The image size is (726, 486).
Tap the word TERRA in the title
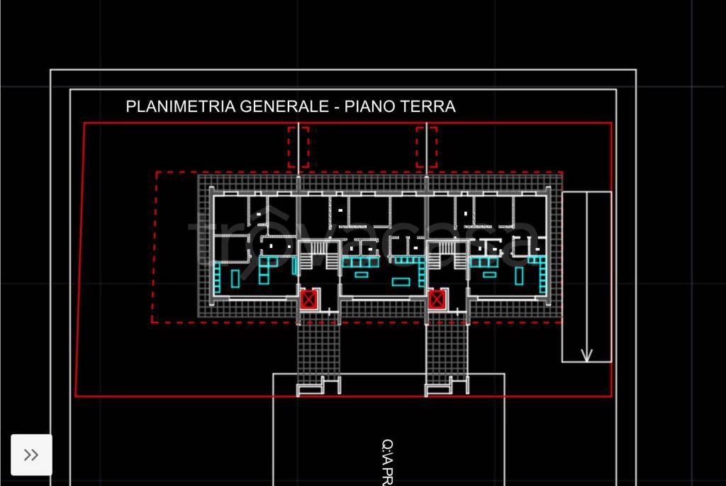pyautogui.click(x=428, y=107)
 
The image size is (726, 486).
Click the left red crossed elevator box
pyautogui.click(x=308, y=300)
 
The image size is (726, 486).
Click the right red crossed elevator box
pyautogui.click(x=437, y=300)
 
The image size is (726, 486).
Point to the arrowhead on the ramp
pyautogui.click(x=586, y=354)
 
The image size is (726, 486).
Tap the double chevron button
pyautogui.click(x=31, y=455)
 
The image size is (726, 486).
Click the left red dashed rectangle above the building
pyautogui.click(x=298, y=147)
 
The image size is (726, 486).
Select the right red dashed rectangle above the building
pyautogui.click(x=426, y=147)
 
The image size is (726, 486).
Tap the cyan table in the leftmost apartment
pyautogui.click(x=235, y=279)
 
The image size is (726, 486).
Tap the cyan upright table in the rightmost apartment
pyautogui.click(x=519, y=275)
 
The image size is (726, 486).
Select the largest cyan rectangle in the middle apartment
pyautogui.click(x=401, y=283)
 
